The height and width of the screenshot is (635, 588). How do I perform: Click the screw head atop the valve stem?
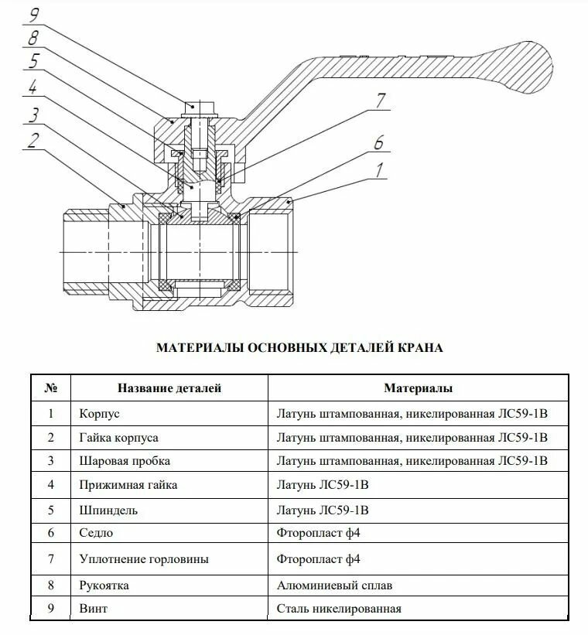199,106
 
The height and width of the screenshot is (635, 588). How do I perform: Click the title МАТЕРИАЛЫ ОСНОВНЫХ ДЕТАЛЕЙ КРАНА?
299,348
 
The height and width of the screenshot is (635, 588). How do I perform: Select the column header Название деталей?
169,388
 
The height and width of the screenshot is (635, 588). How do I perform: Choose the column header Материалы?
419,388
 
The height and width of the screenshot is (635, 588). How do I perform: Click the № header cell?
51,388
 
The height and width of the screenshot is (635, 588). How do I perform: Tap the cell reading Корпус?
99,414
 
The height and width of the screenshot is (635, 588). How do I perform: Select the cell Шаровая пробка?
125,461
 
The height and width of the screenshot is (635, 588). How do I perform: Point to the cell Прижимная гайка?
128,485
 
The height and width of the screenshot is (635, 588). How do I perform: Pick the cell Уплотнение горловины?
144,558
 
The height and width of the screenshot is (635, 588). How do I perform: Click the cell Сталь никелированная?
339,609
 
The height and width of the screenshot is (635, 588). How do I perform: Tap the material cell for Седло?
318,533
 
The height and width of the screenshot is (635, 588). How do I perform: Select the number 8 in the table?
51,585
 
